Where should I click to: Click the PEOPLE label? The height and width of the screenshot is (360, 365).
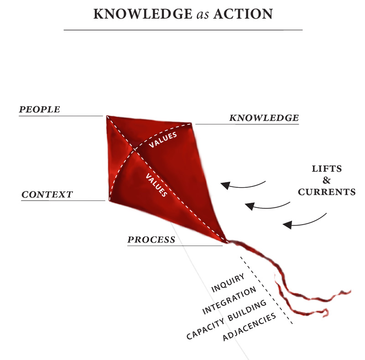[x=39, y=109]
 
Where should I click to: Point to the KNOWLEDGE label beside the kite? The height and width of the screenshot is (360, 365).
[x=264, y=118]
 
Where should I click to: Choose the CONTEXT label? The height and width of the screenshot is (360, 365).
[x=47, y=195]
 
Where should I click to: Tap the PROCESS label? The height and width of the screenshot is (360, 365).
[x=151, y=240]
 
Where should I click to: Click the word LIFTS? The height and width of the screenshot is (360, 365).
[x=327, y=169]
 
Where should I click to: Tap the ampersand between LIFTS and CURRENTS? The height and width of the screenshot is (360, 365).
[x=327, y=180]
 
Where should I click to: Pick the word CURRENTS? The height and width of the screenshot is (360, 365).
[x=327, y=192]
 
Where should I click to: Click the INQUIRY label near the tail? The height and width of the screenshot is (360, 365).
[x=229, y=283]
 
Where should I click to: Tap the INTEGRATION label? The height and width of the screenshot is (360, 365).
[x=229, y=301]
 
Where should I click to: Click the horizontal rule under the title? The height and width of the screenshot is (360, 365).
[x=182, y=30]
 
